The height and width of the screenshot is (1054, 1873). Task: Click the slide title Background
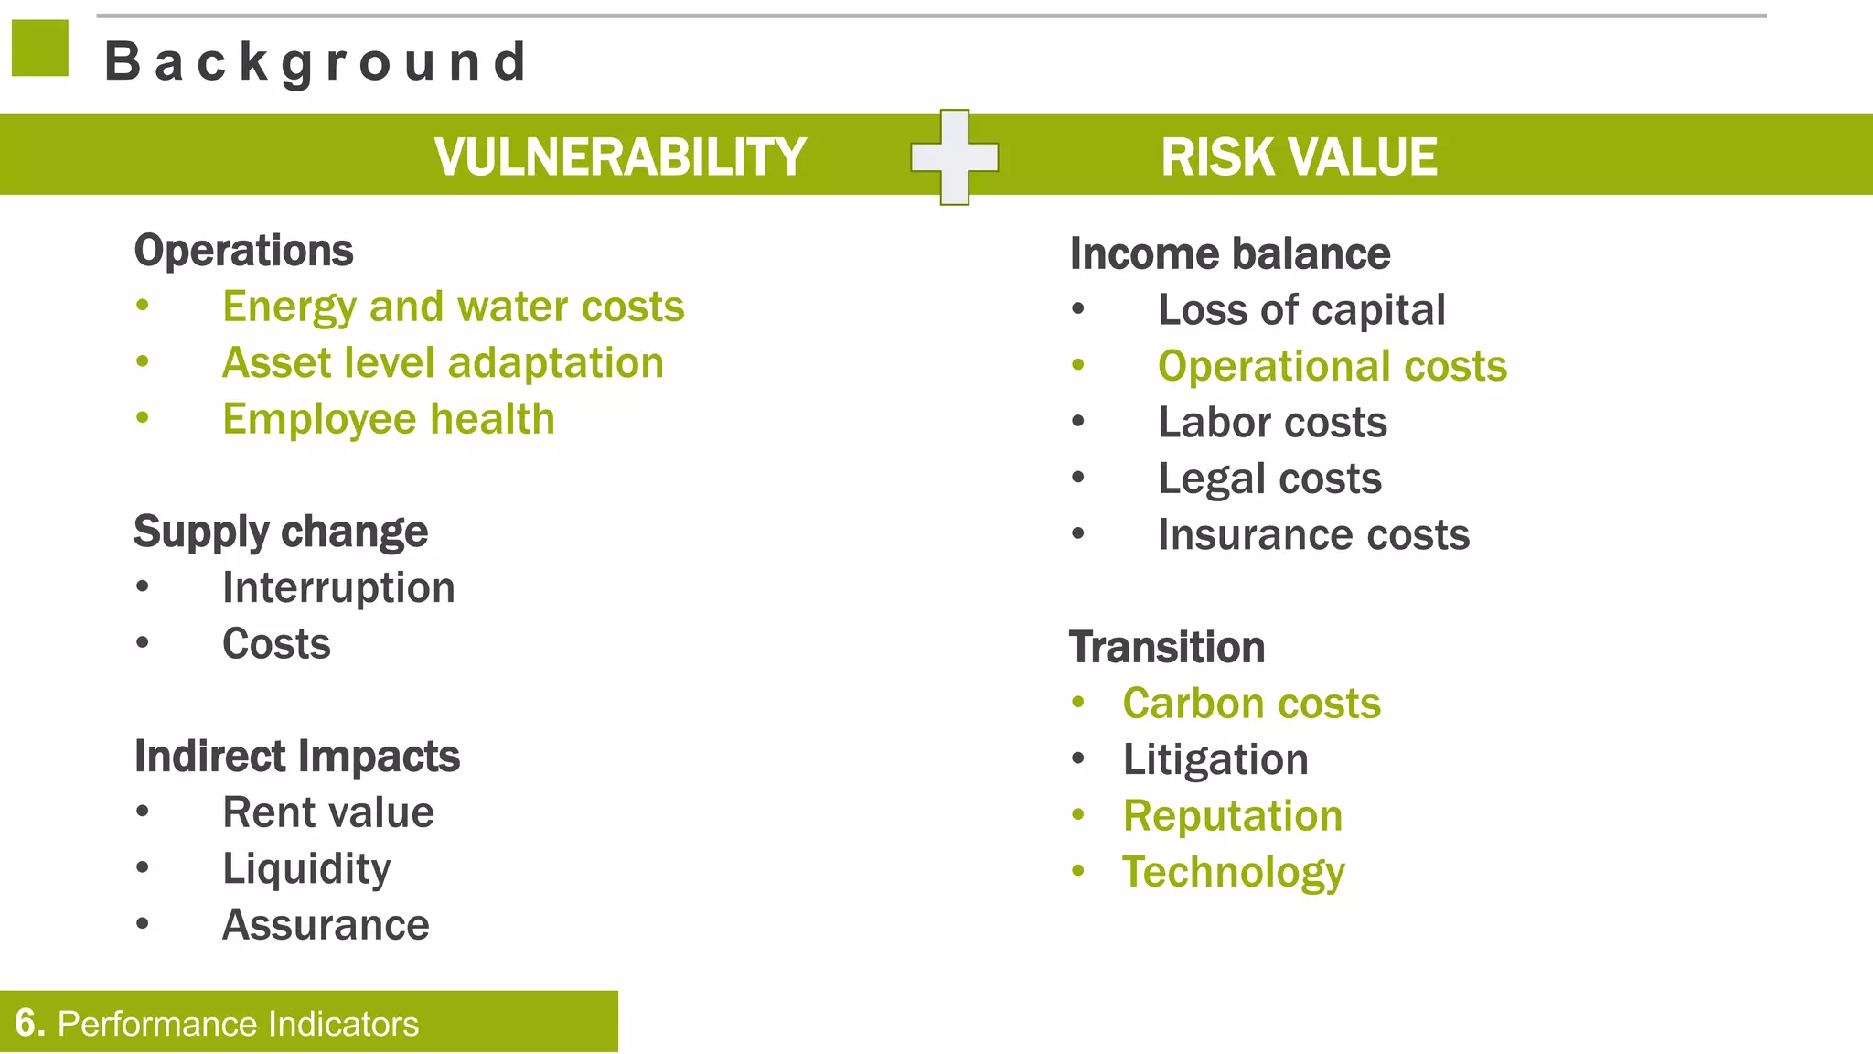(x=316, y=62)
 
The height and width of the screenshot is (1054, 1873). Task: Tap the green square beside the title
(x=40, y=48)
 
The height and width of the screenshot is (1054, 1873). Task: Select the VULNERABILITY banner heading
(x=619, y=156)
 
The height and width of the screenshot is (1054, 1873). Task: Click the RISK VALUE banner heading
(x=1298, y=156)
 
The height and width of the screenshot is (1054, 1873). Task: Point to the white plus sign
(x=954, y=157)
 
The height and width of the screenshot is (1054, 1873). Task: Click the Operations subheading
(x=243, y=251)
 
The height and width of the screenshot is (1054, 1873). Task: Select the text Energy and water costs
(x=453, y=307)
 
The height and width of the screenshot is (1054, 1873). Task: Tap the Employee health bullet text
(x=388, y=419)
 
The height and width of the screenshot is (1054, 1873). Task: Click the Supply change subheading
(x=280, y=532)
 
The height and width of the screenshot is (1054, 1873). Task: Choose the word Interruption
(x=338, y=587)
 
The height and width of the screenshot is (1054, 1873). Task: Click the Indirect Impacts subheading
(x=296, y=757)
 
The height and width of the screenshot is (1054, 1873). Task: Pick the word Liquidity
(x=305, y=868)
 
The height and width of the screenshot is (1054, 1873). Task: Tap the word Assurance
(x=326, y=925)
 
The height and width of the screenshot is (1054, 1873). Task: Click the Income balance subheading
(x=1229, y=254)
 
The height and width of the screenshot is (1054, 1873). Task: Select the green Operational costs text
(x=1332, y=366)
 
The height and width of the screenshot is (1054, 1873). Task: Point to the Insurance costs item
(x=1313, y=535)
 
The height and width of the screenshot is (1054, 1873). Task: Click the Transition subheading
(x=1167, y=648)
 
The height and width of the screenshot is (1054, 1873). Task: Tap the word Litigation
(x=1215, y=760)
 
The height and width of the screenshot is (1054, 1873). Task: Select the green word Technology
(x=1233, y=872)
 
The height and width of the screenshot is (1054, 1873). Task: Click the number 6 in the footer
(x=28, y=1023)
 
